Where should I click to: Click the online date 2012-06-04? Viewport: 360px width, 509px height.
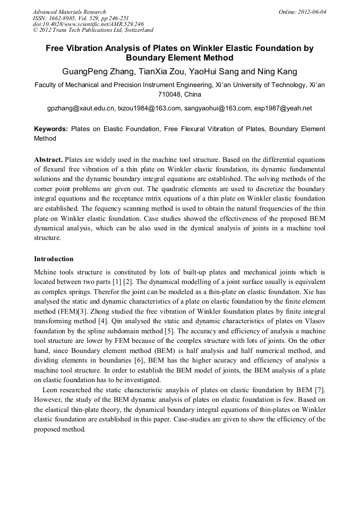point(313,12)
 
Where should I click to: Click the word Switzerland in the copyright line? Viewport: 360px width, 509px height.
point(135,30)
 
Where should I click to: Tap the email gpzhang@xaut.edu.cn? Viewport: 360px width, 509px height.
point(81,108)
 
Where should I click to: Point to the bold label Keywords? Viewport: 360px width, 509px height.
point(51,129)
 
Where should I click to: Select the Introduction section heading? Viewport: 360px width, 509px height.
point(54,259)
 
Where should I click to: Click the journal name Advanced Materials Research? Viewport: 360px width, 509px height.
point(70,12)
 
